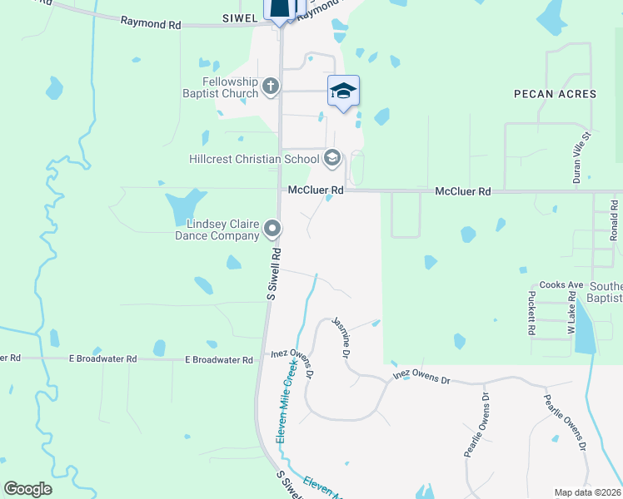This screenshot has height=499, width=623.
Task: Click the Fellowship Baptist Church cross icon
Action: coord(271,86)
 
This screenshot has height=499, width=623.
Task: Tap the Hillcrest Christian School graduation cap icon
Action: coord(331,158)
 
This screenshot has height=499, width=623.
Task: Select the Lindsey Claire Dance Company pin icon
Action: coord(272,228)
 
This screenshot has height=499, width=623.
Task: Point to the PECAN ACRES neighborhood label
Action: coord(555,94)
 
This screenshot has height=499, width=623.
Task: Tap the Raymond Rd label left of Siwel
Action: coord(151,23)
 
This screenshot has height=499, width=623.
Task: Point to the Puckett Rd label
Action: coord(531,312)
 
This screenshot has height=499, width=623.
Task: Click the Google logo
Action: coord(28,488)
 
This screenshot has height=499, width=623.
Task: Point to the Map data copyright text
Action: coord(588,492)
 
